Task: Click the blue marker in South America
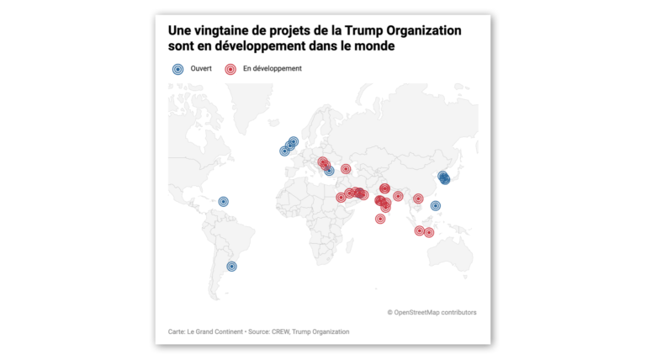(x=232, y=267)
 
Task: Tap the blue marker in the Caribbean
(x=223, y=201)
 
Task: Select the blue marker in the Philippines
(x=436, y=205)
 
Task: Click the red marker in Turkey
(x=346, y=169)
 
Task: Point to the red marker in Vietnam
(x=418, y=199)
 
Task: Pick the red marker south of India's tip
(x=380, y=219)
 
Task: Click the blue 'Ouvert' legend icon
(x=178, y=69)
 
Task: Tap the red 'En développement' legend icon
(x=230, y=69)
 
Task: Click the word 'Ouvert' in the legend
(x=201, y=68)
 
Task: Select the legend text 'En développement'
(x=273, y=68)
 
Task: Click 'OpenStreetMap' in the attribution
(x=416, y=312)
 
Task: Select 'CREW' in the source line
(x=280, y=331)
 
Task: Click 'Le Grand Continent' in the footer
(x=214, y=331)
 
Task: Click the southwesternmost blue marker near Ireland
(x=284, y=151)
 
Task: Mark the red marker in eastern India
(x=398, y=196)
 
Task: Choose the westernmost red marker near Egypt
(x=341, y=198)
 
